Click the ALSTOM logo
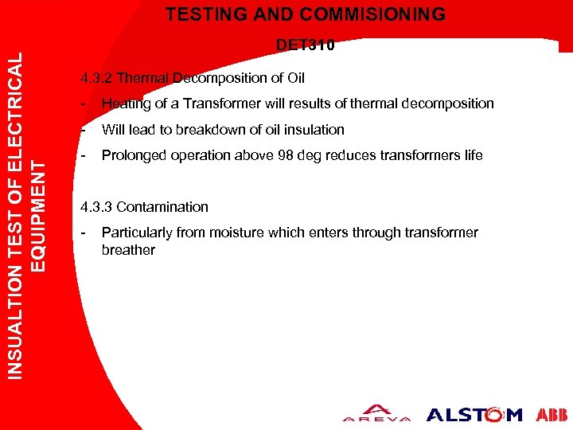pos(474,414)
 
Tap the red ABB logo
pos(552,414)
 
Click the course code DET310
pos(305,45)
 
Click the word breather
pos(128,250)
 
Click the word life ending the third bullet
pos(473,155)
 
